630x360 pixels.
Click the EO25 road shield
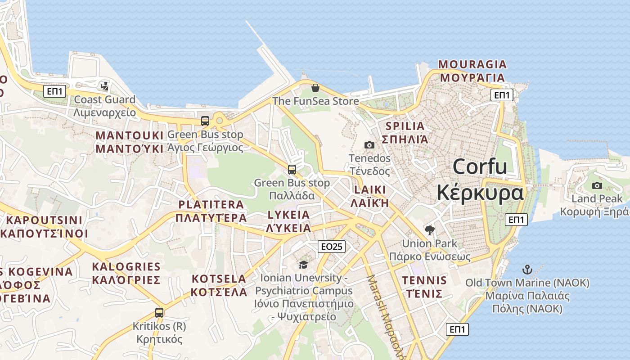click(x=331, y=246)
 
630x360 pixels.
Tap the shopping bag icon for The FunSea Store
click(x=315, y=87)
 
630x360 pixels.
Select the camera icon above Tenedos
click(x=369, y=145)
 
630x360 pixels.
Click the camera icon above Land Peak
click(x=597, y=185)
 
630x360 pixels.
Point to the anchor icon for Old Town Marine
click(x=527, y=270)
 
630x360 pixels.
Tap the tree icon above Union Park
click(x=430, y=230)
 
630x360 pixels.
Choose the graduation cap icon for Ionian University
click(x=303, y=265)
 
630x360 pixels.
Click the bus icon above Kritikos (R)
click(x=159, y=312)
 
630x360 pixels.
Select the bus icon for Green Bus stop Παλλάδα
click(x=292, y=170)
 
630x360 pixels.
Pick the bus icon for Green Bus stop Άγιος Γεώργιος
click(x=205, y=121)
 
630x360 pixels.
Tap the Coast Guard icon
click(x=105, y=86)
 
